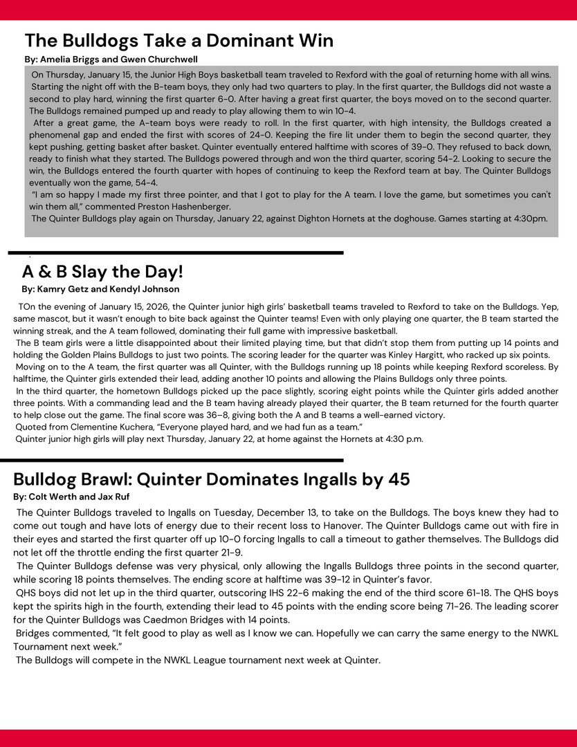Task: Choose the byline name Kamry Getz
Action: click(x=64, y=289)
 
